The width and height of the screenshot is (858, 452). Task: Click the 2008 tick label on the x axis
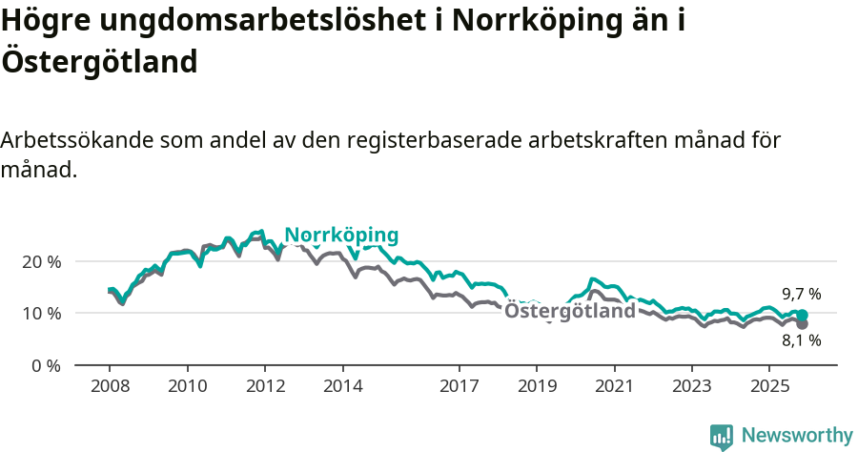tap(110, 386)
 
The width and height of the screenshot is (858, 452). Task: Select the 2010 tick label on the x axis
tap(187, 386)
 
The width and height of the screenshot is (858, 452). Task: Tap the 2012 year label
tap(265, 386)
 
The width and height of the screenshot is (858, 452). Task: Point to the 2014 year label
tap(342, 386)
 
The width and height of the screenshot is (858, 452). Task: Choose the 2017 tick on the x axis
tap(459, 386)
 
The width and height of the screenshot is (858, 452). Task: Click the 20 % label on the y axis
tap(41, 261)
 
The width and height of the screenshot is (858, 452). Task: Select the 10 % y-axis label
tap(41, 314)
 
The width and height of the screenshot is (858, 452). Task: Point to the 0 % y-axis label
tap(46, 365)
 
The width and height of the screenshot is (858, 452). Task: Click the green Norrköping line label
tap(341, 236)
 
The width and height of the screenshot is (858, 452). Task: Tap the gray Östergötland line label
tap(569, 311)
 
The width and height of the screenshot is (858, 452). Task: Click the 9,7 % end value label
tap(801, 294)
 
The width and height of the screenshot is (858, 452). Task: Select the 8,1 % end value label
tap(801, 339)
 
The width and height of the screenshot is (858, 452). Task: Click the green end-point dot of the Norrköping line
tap(802, 315)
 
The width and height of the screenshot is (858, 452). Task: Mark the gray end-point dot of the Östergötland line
tap(802, 324)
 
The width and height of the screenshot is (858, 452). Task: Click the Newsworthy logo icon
tap(722, 436)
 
